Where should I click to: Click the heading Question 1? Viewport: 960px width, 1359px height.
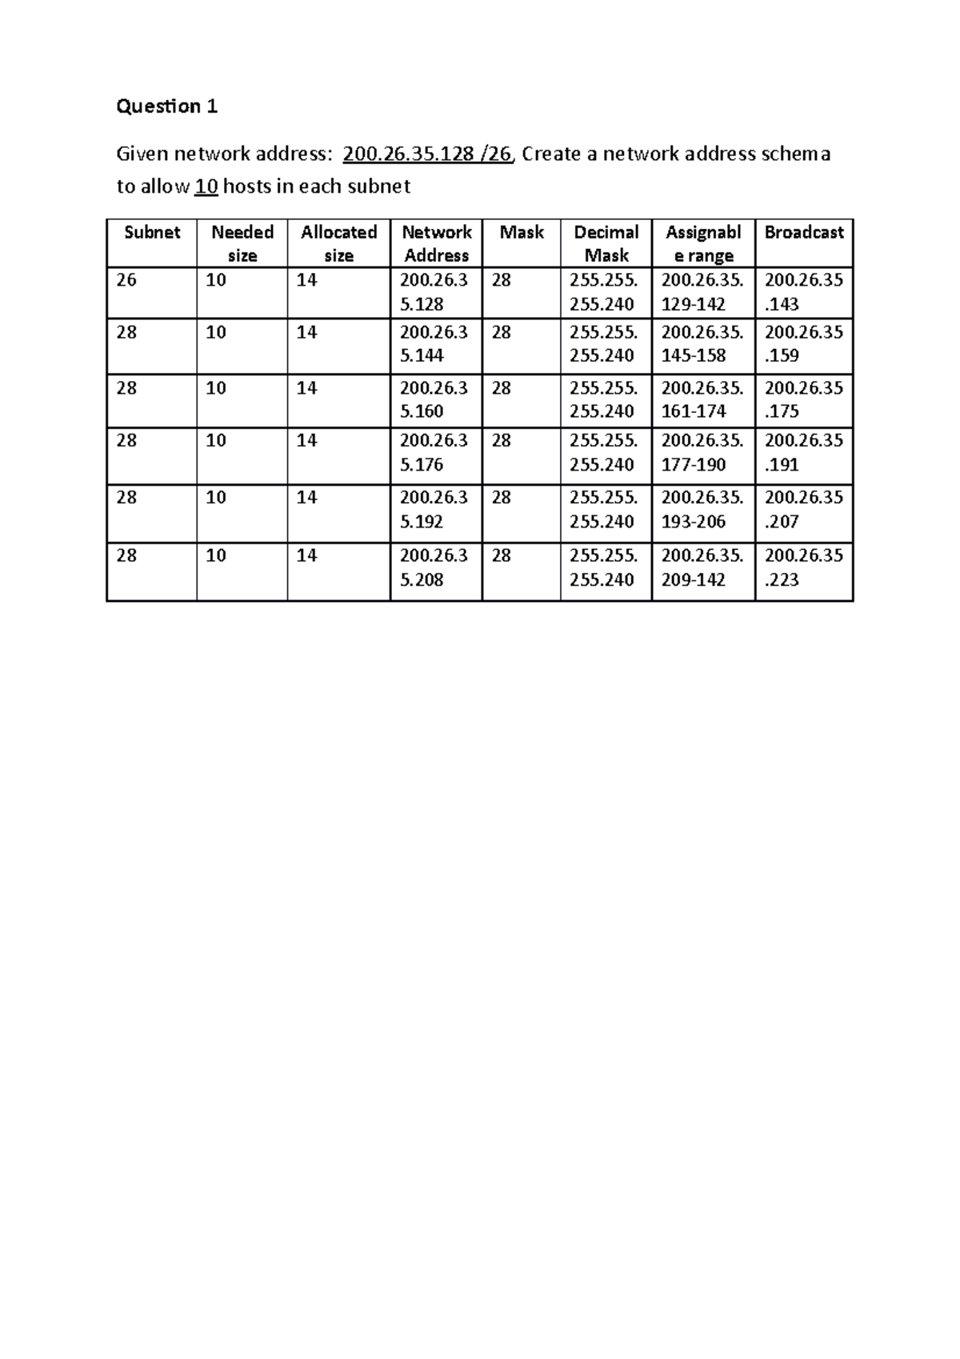click(166, 106)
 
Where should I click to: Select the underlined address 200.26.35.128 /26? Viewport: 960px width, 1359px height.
click(426, 154)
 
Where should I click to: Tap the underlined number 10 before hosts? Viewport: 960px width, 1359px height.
click(206, 186)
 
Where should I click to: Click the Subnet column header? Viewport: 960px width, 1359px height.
click(152, 233)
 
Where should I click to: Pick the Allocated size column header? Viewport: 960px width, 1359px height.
click(338, 243)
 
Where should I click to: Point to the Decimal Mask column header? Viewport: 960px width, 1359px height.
click(606, 243)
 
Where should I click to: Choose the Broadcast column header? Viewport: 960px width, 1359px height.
click(804, 233)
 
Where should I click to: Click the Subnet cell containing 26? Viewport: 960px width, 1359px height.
click(126, 280)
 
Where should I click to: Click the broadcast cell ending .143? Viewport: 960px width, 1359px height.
click(803, 292)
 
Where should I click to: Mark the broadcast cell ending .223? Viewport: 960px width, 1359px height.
click(803, 567)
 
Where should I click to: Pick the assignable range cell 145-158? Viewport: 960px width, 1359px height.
click(702, 344)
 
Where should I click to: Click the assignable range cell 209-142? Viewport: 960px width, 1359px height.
click(702, 567)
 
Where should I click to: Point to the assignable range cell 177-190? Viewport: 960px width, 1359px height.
click(702, 453)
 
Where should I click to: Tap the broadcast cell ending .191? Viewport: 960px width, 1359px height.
click(803, 453)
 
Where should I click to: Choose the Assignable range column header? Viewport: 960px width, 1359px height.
click(703, 243)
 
